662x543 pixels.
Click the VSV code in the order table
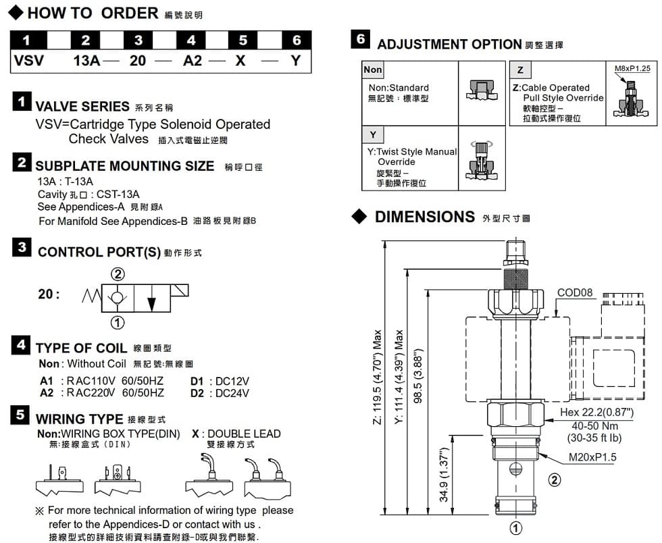pos(28,61)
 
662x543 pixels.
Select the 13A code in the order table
pos(86,61)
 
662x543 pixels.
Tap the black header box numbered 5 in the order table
pos(243,41)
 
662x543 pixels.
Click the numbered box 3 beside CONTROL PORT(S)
pos(22,247)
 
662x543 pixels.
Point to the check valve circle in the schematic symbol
pos(117,297)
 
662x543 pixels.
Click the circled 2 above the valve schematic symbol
pos(118,274)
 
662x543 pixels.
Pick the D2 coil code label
pos(197,393)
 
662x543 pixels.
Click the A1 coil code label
pos(47,381)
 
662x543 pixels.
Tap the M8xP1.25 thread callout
pos(632,68)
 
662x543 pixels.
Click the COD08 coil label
pos(575,292)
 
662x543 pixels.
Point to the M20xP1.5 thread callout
pos(592,457)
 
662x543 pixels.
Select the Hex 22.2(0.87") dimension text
pos(596,412)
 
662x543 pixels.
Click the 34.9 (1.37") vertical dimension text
pos(444,475)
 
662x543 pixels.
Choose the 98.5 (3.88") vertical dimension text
pos(418,376)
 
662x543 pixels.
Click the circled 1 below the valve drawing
pos(515,527)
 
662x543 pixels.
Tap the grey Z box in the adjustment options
pos(521,70)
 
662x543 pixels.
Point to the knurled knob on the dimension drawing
pos(515,278)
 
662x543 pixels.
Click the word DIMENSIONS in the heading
pos(425,217)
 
